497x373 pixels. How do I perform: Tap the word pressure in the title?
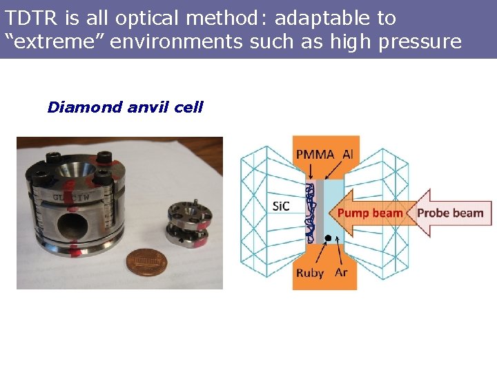(x=418, y=42)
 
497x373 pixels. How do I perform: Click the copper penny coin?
(x=145, y=265)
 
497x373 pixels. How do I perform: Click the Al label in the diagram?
(x=347, y=155)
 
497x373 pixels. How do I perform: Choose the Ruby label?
(x=310, y=272)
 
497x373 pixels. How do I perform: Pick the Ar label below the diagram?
(x=341, y=271)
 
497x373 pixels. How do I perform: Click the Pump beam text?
(x=370, y=213)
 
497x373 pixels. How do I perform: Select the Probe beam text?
(x=450, y=213)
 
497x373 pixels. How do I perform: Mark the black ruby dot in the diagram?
(x=327, y=239)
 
